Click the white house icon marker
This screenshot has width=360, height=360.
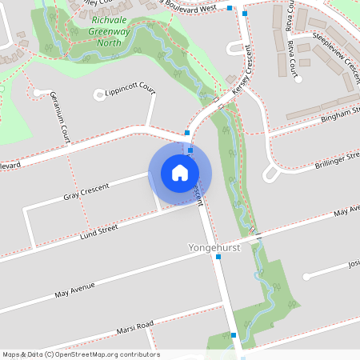180,173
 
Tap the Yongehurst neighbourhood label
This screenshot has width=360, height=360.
214,248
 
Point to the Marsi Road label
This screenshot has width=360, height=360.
133,327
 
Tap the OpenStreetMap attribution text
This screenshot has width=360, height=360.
80,354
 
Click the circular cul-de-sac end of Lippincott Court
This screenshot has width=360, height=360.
99,94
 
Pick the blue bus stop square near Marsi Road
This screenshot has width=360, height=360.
234,335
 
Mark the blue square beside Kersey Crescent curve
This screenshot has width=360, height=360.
187,133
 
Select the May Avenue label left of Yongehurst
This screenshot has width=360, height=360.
75,288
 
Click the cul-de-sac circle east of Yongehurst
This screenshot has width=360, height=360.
306,277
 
